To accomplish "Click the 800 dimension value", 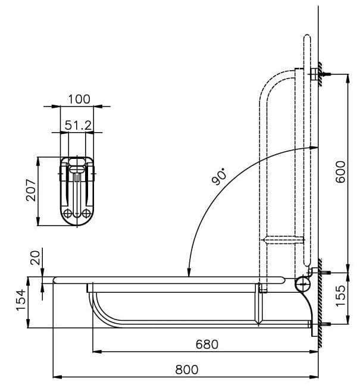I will click(187, 370).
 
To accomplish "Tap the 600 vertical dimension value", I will click(340, 171).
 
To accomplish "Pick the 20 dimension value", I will click(35, 257).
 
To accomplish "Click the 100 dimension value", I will click(79, 99).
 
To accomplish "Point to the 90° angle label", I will click(220, 177).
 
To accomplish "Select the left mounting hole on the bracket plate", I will click(68, 213).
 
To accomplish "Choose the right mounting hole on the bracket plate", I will click(87, 213).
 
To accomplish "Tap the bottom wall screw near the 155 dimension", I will click(321, 324).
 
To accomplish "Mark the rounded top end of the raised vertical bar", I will click(306, 38).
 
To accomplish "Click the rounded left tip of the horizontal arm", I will click(55, 279).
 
